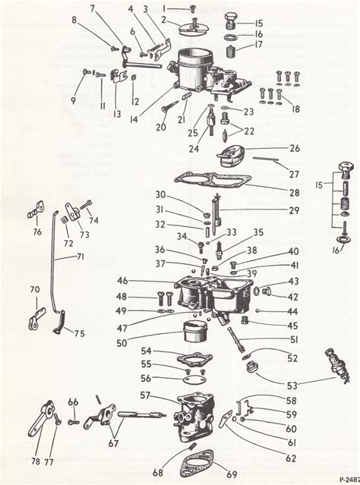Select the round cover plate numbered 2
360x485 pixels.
pyautogui.click(x=186, y=27)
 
